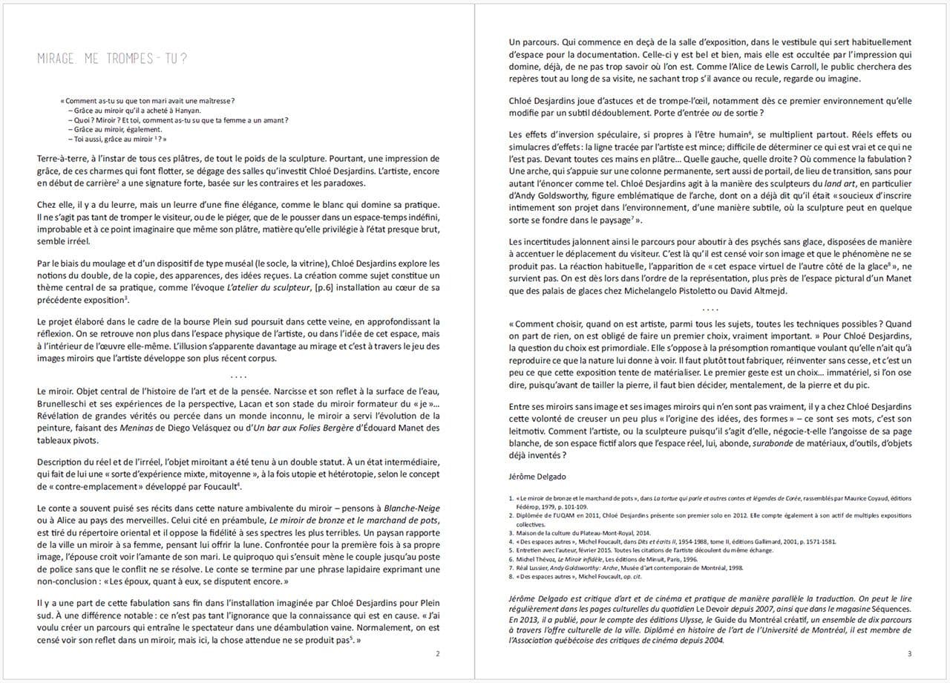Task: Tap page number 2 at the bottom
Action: [x=438, y=653]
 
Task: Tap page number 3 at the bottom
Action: [x=909, y=653]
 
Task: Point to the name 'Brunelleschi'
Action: [x=65, y=402]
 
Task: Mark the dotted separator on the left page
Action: [x=238, y=376]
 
